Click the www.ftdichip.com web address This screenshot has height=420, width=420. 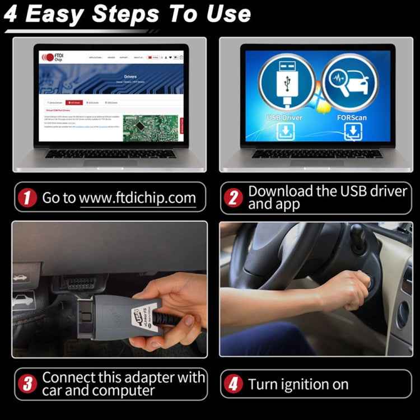click(137, 198)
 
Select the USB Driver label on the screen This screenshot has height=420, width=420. click(284, 118)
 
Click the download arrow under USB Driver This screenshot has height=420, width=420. click(284, 132)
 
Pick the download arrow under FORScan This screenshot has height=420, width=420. click(353, 132)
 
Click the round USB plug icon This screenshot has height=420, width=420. click(286, 85)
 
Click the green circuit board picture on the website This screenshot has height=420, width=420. click(151, 128)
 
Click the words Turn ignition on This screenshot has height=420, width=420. click(298, 385)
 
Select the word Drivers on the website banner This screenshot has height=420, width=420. click(130, 76)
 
